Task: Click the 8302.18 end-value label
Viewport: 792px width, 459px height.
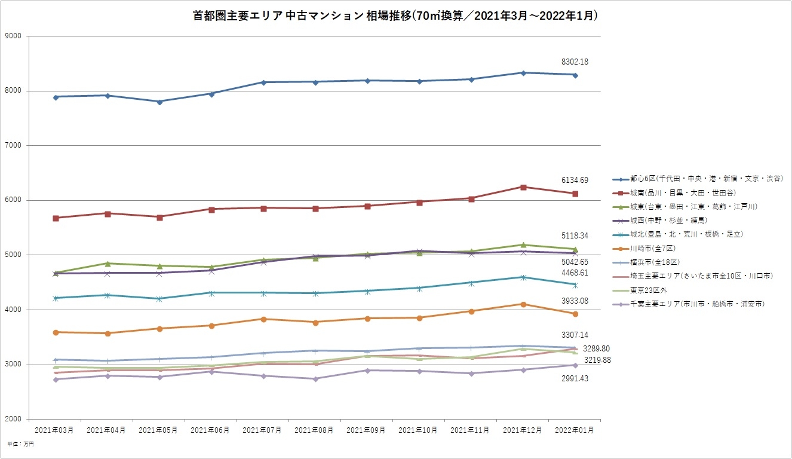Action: [x=575, y=62]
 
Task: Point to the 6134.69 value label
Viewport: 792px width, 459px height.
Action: [x=575, y=180]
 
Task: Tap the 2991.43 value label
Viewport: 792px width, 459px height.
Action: [x=575, y=379]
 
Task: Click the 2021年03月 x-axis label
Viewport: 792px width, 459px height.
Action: [x=54, y=430]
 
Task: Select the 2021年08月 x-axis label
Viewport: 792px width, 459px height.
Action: [x=315, y=430]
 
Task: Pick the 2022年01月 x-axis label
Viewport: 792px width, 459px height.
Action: [x=575, y=430]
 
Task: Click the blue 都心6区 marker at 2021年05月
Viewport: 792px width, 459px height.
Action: [x=159, y=102]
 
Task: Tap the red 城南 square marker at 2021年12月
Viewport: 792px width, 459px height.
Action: [x=523, y=187]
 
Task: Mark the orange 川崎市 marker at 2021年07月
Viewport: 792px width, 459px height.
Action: [x=263, y=319]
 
